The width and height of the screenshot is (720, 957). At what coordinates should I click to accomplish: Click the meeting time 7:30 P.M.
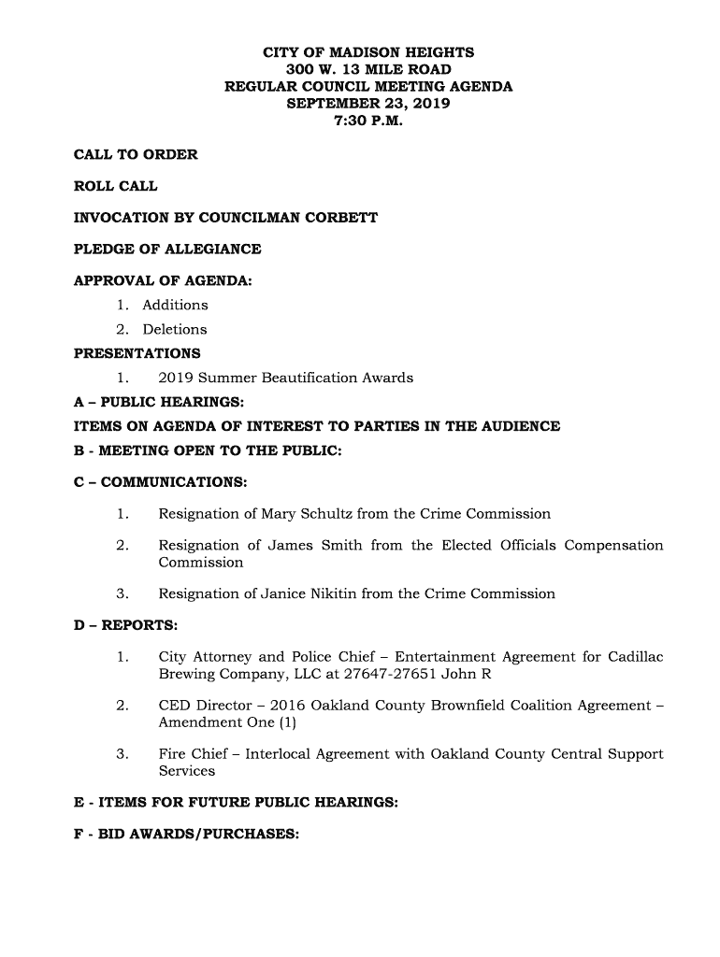click(x=367, y=121)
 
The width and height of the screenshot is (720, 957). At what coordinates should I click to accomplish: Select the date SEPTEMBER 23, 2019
click(x=367, y=104)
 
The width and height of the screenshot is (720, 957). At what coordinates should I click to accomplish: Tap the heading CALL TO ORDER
click(x=136, y=154)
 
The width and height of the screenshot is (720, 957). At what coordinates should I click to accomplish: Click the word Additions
click(x=175, y=305)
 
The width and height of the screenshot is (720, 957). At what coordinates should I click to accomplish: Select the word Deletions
click(x=174, y=329)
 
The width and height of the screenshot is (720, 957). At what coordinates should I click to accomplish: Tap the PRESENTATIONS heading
click(x=137, y=353)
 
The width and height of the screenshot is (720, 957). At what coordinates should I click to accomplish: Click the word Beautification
click(x=315, y=378)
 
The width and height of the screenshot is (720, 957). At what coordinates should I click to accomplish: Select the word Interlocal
click(x=281, y=753)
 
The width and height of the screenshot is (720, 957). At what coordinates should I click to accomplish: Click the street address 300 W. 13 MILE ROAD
click(x=367, y=69)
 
